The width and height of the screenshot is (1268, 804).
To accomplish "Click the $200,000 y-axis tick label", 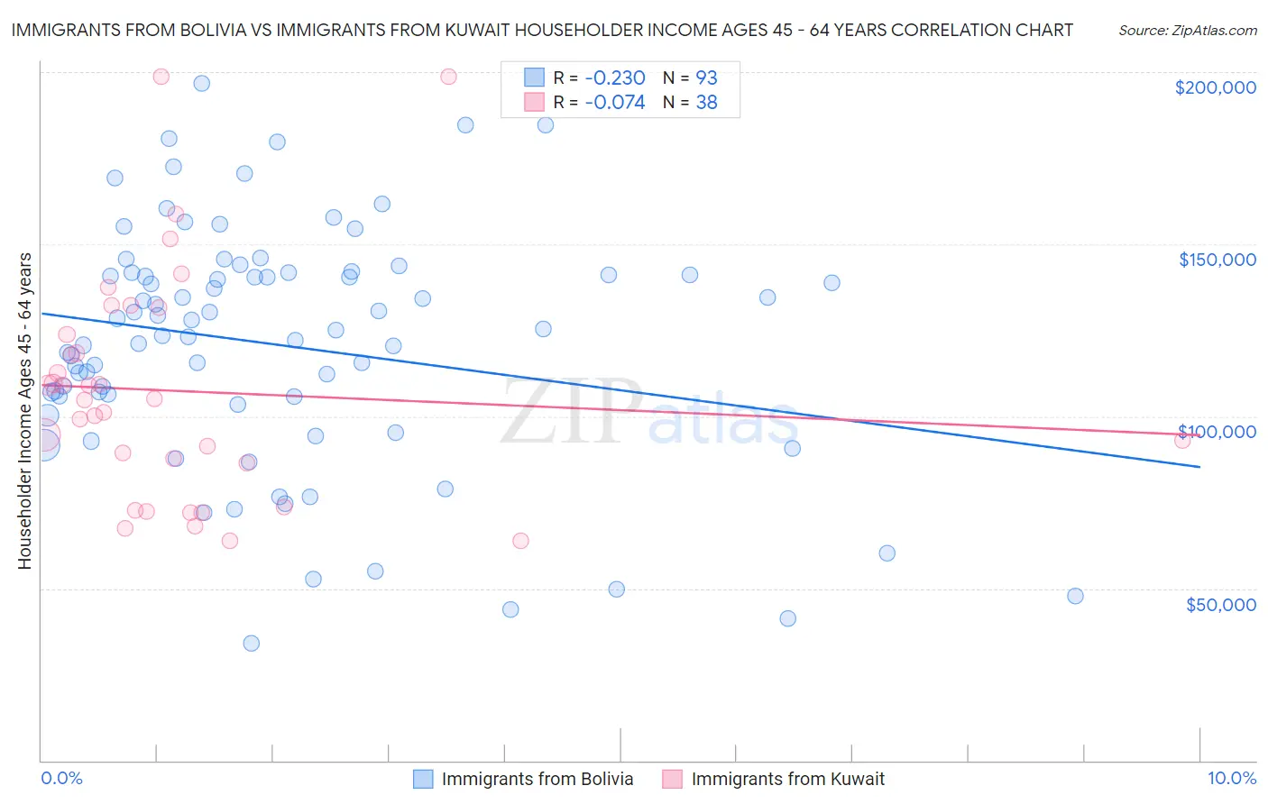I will pos(1215,87).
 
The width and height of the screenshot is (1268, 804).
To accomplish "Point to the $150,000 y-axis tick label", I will pos(1217,260).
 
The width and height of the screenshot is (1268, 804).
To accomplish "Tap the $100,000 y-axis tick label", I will pos(1217,432).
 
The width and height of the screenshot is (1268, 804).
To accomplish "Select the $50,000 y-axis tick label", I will pos(1220,605).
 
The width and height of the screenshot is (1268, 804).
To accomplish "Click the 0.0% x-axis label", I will pos(61,778).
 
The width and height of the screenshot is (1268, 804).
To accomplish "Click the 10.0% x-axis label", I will pos(1231,778).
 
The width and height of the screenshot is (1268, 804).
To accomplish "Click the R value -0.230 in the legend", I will pos(615,78).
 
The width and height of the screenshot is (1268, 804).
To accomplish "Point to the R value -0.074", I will pos(615,103).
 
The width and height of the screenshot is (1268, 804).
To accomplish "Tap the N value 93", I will pos(706,78).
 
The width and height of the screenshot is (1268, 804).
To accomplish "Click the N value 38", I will pos(706,103).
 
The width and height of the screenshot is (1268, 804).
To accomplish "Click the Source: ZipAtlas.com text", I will pos(1187,30).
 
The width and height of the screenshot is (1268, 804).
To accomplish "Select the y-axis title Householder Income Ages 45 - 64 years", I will pos(24,411).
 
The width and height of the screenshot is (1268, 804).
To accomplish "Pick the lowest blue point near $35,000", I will pos(252,644).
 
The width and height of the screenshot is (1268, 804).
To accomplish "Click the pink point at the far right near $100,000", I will pos(1182,441).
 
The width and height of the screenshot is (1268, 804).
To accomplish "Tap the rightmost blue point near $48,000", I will pos(1075,596).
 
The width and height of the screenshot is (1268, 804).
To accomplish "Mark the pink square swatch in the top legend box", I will pos(534,102).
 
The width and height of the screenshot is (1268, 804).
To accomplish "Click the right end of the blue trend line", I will pos(1199,467).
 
